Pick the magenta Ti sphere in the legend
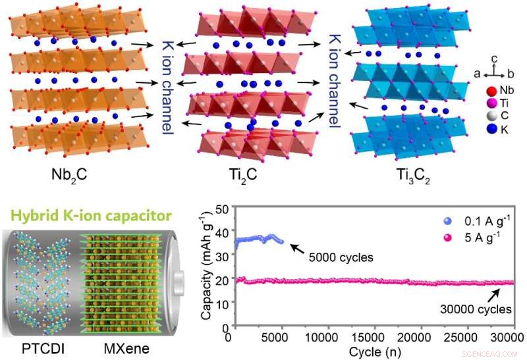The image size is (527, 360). coord(489,103)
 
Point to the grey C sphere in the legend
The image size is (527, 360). coord(489,116)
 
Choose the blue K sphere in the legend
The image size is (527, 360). coord(489,130)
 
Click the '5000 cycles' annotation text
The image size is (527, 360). coord(341,257)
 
